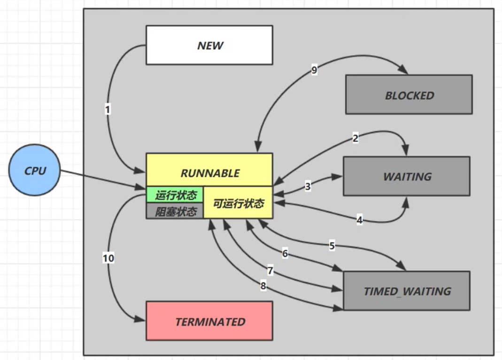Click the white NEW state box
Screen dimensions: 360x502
pos(209,45)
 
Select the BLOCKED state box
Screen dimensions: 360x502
pos(409,95)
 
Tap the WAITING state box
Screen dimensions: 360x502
pos(407,176)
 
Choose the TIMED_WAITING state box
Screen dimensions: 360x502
pos(407,291)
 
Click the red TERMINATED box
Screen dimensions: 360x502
pos(209,321)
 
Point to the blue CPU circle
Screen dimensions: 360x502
pos(35,170)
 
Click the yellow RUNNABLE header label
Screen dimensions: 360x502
pos(209,173)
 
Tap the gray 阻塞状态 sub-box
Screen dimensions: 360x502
pos(175,211)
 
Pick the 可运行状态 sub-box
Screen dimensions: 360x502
pos(239,203)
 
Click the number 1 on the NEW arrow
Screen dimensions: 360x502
pos(108,110)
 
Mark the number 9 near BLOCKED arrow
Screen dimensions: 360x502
pos(314,70)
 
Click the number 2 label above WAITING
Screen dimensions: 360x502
pos(355,138)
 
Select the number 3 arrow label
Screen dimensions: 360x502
pos(308,187)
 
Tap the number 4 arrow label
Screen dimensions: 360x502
pos(359,219)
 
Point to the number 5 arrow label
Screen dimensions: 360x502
pos(332,245)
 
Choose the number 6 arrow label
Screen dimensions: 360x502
pos(285,253)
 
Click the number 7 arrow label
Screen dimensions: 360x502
pos(270,271)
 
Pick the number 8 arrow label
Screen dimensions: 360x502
pos(263,286)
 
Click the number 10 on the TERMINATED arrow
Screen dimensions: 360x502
pos(108,258)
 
